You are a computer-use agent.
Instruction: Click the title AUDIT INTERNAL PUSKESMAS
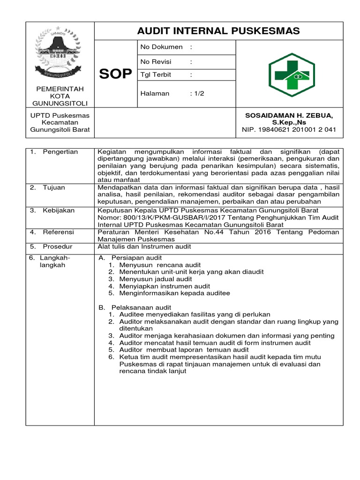[x=218, y=31]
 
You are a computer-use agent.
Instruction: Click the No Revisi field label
[x=156, y=62]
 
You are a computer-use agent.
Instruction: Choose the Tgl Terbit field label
[x=156, y=75]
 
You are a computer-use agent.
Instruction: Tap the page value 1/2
[x=197, y=93]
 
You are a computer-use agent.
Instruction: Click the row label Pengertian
[x=60, y=152]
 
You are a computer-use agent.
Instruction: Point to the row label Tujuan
[x=54, y=187]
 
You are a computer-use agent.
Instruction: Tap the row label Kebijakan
[x=59, y=210]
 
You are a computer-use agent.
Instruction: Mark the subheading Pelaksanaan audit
[x=141, y=307]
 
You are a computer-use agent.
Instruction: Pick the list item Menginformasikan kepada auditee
[x=175, y=293]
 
